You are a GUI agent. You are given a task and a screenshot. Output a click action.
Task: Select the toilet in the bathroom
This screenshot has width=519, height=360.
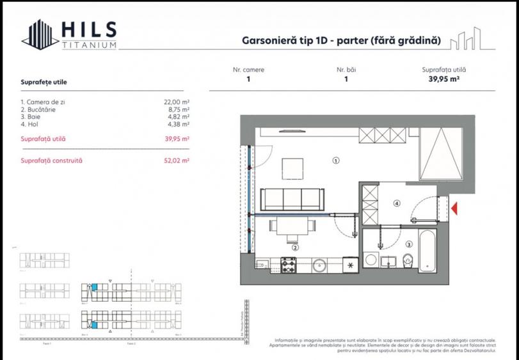(408, 259)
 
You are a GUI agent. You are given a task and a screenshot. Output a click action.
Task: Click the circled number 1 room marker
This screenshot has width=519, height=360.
(335, 161)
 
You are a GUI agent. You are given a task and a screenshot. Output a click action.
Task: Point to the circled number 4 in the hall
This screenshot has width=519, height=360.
(397, 204)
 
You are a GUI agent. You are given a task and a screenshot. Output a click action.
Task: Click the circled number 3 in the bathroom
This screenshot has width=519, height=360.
(408, 244)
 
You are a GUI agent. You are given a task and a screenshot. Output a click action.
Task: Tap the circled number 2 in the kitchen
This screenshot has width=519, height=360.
(295, 247)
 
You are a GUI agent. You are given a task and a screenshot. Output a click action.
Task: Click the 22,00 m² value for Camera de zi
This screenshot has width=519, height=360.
(177, 102)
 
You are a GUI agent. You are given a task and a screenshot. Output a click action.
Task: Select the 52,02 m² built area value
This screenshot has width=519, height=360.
(177, 161)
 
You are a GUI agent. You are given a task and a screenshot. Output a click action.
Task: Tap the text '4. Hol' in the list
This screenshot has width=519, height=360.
(30, 125)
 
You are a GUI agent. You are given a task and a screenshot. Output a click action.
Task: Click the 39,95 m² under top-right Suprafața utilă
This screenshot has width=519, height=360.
(443, 80)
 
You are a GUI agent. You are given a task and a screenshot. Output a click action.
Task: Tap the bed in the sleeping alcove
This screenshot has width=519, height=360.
(440, 153)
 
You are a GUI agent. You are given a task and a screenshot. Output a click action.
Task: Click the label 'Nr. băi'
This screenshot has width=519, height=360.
(346, 70)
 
